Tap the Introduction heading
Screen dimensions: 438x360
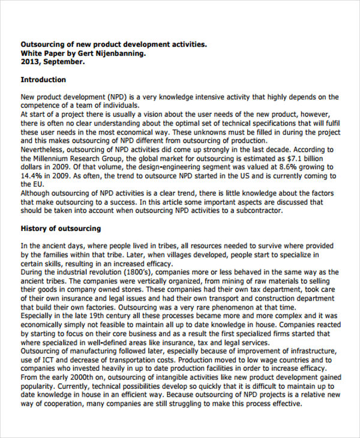(x=43, y=80)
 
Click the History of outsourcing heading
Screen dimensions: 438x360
(x=61, y=229)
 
